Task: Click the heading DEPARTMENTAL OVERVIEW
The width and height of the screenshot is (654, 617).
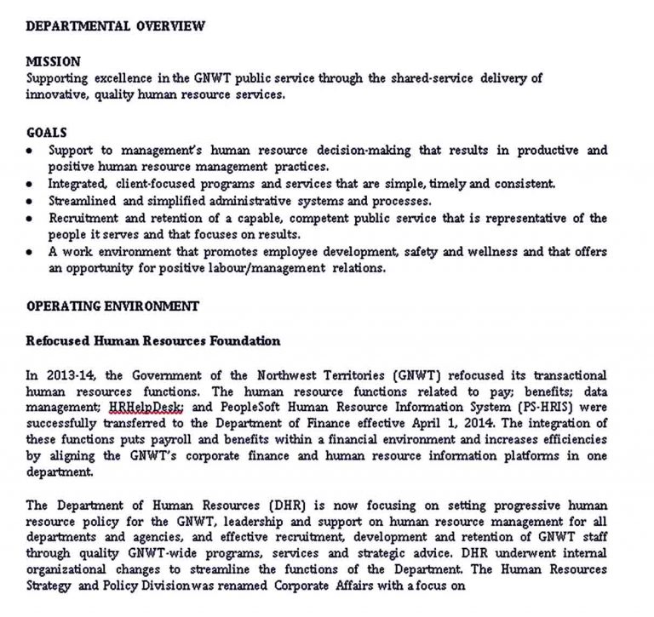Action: [115, 26]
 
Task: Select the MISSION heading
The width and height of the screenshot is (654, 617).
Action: [53, 62]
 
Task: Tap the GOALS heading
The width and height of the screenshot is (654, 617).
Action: [46, 134]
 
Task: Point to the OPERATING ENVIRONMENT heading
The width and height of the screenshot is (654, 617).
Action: [112, 306]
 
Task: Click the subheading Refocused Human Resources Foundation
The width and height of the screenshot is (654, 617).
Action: [152, 341]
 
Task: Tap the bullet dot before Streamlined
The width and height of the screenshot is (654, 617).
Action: [31, 202]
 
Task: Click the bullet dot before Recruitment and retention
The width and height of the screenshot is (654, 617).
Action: [31, 219]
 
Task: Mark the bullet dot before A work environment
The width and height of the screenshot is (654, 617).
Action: [31, 253]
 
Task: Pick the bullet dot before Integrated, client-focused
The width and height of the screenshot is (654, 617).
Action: [31, 185]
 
